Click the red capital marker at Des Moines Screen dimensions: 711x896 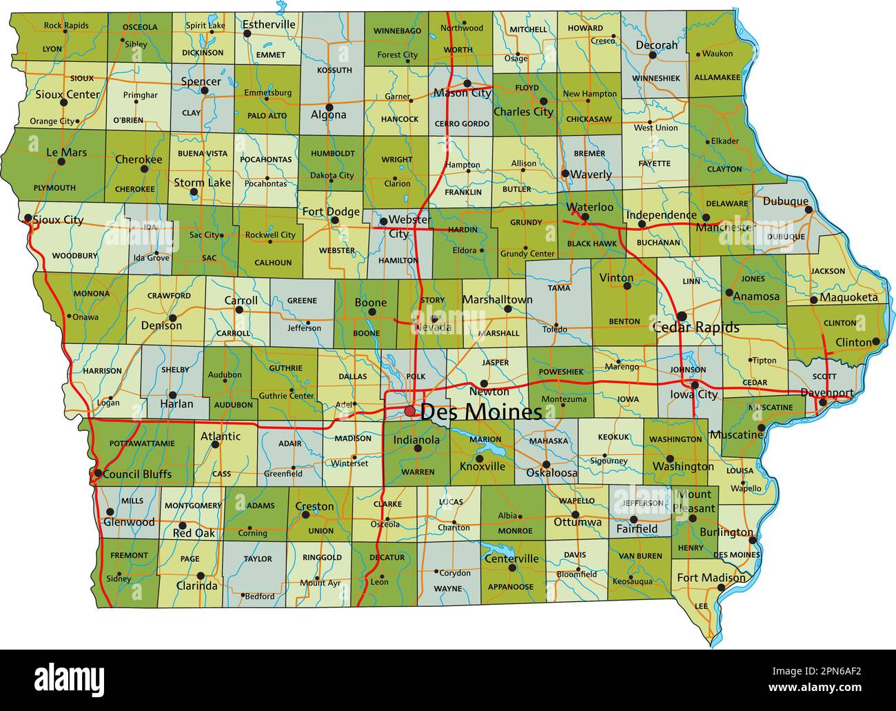(410, 411)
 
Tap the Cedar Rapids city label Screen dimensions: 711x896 (695, 327)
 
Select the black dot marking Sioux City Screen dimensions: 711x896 (28, 219)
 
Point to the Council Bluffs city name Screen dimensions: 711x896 (137, 474)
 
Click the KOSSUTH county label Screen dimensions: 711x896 (334, 70)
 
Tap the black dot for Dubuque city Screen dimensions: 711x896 (808, 210)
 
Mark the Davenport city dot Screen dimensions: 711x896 (822, 401)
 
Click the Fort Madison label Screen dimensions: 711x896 (711, 577)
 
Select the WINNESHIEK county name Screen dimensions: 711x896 (655, 78)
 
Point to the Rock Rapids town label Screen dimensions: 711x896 (66, 26)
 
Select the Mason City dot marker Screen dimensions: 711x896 (467, 83)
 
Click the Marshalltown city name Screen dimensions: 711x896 (497, 300)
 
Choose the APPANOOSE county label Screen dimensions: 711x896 (511, 587)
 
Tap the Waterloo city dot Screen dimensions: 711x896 (585, 217)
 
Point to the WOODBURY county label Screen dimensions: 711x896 (74, 255)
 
